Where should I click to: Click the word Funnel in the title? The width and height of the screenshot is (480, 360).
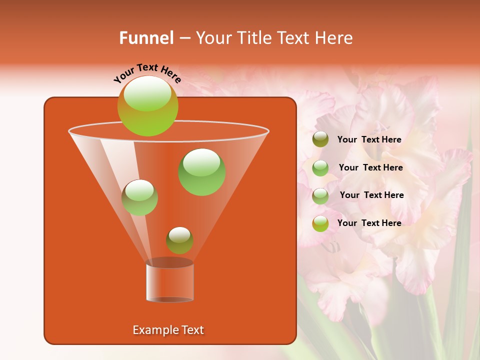[146, 38]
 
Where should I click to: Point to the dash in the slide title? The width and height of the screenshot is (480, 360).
[184, 38]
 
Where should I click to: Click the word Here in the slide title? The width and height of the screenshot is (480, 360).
[333, 38]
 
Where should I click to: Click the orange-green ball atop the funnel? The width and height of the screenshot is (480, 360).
[148, 106]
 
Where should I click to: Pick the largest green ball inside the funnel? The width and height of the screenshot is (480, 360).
[202, 172]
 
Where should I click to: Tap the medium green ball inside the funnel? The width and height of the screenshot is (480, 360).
[140, 197]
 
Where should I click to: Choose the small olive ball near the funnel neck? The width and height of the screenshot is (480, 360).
[179, 240]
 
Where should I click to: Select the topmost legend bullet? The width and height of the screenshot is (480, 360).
[320, 139]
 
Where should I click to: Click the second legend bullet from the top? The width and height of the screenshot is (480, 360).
[320, 168]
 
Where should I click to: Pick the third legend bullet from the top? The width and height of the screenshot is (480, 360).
[320, 196]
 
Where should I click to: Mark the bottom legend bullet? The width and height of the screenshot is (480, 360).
[320, 223]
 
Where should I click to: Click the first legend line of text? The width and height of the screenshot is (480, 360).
[369, 140]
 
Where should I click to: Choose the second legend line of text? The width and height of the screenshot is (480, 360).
[370, 168]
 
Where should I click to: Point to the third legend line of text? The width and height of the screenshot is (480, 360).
[371, 195]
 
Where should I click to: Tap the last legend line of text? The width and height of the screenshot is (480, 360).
[369, 223]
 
